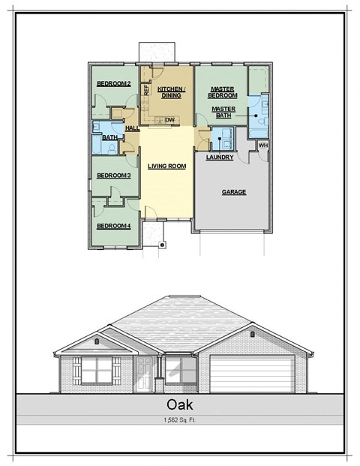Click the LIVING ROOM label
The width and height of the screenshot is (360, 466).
166,166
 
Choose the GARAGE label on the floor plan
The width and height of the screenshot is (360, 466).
234,192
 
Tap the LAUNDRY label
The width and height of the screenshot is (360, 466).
220,158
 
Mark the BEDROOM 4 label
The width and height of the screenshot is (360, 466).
114,226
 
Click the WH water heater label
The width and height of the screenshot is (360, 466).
262,145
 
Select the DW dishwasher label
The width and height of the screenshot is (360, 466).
170,120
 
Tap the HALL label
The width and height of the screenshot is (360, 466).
133,128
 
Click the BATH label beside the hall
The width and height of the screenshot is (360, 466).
109,138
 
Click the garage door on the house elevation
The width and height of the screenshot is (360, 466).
251,373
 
